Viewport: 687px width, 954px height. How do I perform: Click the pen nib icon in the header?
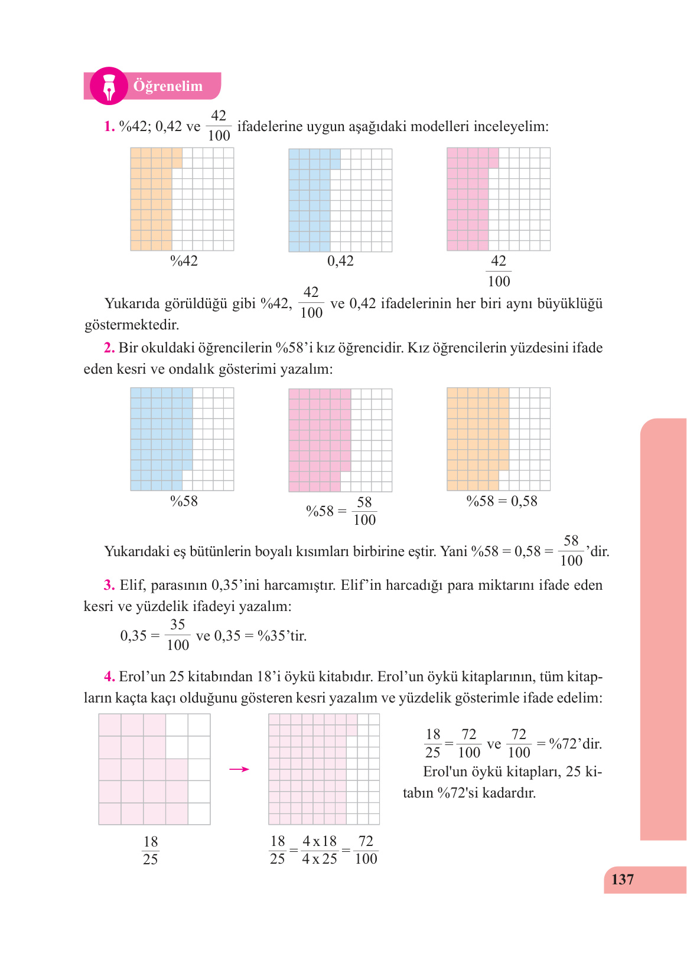coord(109,86)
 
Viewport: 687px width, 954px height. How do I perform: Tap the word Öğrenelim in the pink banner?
coord(168,86)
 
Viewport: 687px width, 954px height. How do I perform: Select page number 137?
coord(622,880)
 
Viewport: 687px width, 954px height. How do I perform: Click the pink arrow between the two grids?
coord(239,769)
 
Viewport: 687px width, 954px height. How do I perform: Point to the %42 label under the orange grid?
coord(184,261)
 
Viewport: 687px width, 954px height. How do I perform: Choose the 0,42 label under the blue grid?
coord(340,261)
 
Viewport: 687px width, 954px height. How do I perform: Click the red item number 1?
coord(109,126)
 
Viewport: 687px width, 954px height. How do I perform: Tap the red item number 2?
coord(109,348)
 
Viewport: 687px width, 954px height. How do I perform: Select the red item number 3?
coord(109,585)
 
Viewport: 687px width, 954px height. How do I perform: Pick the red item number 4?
coord(109,677)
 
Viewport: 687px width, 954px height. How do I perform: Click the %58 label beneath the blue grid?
coord(184,501)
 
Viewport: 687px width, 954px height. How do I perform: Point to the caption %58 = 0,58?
coord(502,501)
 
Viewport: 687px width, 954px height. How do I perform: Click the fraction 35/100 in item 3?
coord(178,635)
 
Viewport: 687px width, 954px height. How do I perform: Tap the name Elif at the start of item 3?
coord(131,585)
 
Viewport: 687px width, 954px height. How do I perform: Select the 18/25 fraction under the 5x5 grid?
coord(151,850)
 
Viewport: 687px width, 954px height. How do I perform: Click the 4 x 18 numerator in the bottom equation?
coord(320,841)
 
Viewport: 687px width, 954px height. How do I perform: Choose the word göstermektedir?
coord(132,325)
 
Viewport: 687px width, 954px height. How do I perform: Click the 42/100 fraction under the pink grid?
coord(499,271)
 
